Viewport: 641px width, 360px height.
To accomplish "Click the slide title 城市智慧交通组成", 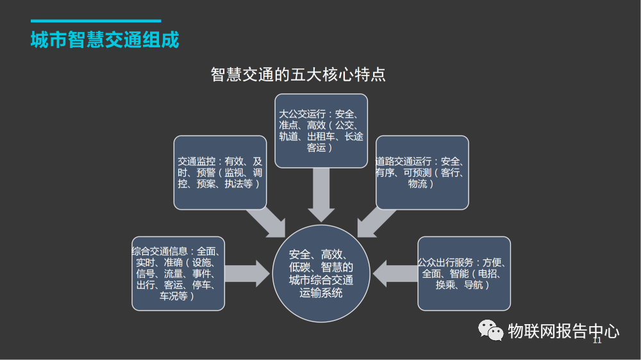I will coord(105,40).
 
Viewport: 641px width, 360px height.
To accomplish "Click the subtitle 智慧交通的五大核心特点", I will coord(298,74).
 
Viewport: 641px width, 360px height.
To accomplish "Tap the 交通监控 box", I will coord(220,172).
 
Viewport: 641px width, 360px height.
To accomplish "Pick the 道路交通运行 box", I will coord(422,172).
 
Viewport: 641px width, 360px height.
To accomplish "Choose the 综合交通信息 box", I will coord(178,274).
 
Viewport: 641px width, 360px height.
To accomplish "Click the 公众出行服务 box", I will coord(464,274).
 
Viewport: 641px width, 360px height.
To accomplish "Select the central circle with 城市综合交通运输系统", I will coord(321,274).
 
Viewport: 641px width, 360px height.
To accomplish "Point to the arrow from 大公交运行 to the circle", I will coord(321,195).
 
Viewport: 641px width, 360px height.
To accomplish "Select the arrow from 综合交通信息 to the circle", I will coord(247,274).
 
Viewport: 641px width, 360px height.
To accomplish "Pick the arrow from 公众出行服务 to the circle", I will coord(395,274).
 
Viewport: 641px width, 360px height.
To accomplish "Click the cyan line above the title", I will coord(96,20).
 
